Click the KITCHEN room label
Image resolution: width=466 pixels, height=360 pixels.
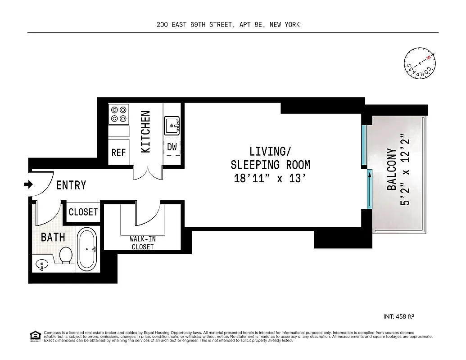145,131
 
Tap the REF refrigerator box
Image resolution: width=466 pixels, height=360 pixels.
119,153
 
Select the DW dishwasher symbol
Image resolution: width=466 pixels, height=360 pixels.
172,147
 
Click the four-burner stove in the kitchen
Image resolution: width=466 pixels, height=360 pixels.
119,114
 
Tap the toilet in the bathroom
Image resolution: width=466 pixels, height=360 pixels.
66,255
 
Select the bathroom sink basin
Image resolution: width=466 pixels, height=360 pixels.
41,265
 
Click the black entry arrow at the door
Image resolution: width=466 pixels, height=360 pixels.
28,184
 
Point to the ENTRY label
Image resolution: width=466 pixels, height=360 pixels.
71,185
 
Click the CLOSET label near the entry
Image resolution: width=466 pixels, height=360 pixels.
83,211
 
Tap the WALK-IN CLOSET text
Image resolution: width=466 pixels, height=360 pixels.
143,243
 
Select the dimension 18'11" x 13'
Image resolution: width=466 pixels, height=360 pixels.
270,178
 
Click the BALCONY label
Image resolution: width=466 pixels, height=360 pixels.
392,169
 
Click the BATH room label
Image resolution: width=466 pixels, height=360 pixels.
53,237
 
